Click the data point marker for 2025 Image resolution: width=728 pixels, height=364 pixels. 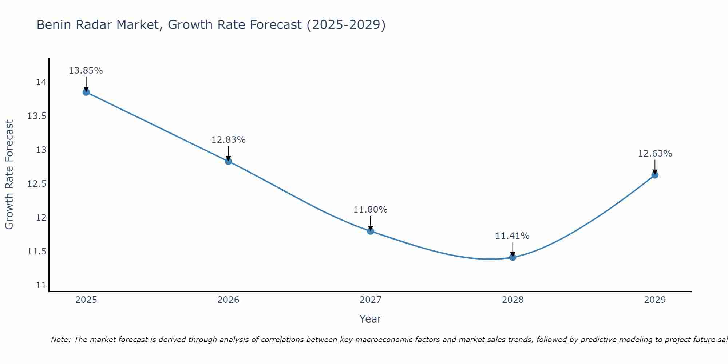(86, 92)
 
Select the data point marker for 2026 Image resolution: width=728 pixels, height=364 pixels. (228, 161)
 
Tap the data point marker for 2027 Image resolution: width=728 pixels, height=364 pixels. (371, 231)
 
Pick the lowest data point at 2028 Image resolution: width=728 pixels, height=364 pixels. (513, 257)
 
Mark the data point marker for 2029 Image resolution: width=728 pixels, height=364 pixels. (655, 175)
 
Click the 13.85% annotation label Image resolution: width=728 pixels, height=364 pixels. (86, 71)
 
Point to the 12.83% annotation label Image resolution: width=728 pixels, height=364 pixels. (228, 140)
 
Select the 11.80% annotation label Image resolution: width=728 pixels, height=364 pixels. (370, 210)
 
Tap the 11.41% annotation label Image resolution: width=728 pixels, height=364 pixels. (512, 236)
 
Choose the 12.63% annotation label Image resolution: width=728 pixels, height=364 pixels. (655, 154)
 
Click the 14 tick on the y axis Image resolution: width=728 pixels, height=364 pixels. (41, 82)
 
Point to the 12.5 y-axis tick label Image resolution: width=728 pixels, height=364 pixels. (37, 184)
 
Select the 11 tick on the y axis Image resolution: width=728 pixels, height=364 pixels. (41, 285)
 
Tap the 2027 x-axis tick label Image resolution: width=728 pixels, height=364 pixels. (371, 300)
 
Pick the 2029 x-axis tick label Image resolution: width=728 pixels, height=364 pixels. (655, 300)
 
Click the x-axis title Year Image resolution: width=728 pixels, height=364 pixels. (370, 319)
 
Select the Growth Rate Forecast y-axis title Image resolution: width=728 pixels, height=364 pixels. (9, 175)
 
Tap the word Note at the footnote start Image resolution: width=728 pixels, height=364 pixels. (60, 340)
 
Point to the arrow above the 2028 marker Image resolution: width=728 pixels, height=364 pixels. (513, 250)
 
